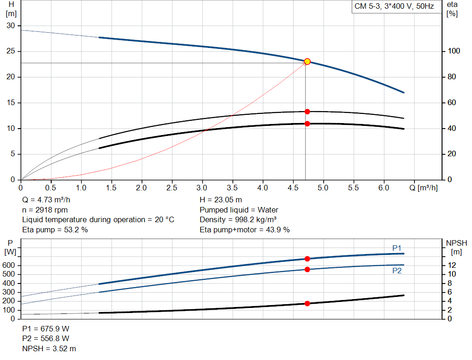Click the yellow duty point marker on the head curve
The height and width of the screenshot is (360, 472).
click(x=307, y=61)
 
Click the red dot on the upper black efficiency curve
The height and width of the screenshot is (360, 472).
click(x=307, y=112)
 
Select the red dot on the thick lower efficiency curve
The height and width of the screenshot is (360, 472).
click(x=307, y=124)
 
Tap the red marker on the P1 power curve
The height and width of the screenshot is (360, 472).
click(x=307, y=259)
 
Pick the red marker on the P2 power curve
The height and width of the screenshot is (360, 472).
click(x=307, y=269)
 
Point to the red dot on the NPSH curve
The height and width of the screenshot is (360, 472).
click(x=307, y=303)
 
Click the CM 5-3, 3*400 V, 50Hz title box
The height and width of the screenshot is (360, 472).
click(x=394, y=7)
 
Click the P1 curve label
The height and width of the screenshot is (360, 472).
click(x=397, y=248)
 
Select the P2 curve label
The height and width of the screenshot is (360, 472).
click(x=397, y=271)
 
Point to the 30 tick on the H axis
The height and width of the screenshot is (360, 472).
click(x=10, y=25)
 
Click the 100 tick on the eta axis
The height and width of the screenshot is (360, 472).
click(x=451, y=51)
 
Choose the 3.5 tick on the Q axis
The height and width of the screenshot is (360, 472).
click(x=232, y=188)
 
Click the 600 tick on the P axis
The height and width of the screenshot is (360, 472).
click(x=10, y=266)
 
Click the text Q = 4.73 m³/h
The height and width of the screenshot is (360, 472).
click(x=46, y=200)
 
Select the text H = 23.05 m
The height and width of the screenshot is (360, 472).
click(x=221, y=200)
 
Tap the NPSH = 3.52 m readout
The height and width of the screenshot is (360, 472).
click(x=49, y=349)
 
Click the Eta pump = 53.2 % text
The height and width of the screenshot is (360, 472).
click(x=55, y=230)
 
